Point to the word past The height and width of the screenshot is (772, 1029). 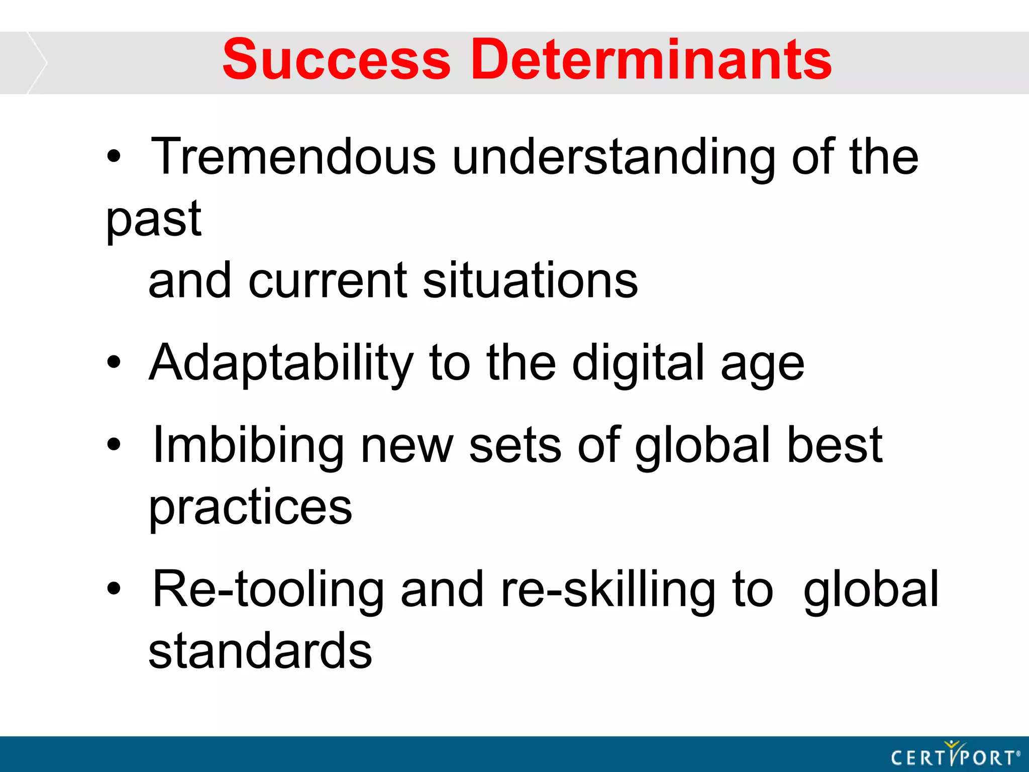tap(154, 220)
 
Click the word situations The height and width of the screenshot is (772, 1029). tap(530, 280)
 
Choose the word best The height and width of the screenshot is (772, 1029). tap(834, 445)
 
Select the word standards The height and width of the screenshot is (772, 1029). tap(260, 651)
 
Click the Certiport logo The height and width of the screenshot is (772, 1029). tap(955, 755)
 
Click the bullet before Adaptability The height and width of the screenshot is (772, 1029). tap(114, 362)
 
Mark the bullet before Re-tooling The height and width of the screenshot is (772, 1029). tap(114, 588)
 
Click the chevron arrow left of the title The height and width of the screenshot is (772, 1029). tap(37, 63)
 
